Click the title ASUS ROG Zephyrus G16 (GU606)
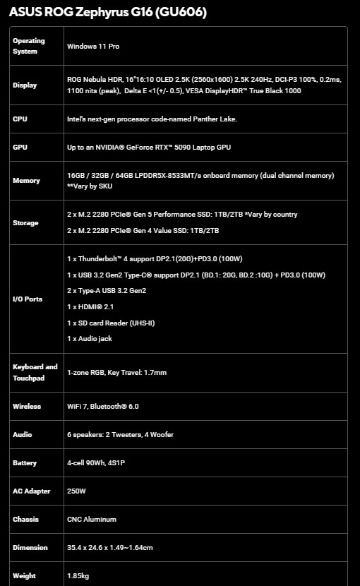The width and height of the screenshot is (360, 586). tap(108, 13)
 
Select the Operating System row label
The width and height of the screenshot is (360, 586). tap(29, 46)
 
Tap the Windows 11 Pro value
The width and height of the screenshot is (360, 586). tap(96, 46)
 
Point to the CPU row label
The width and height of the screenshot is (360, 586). tap(20, 119)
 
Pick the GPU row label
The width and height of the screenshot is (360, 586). tap(20, 147)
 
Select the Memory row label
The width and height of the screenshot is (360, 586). tap(26, 181)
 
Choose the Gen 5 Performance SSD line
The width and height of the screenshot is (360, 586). tap(182, 215)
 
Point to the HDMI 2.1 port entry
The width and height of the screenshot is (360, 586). tap(90, 306)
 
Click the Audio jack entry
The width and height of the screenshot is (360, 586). tap(90, 338)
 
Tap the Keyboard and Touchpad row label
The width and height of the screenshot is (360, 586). tap(35, 372)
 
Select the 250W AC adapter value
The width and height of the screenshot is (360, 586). tap(76, 491)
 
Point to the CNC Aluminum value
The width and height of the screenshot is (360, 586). tap(92, 519)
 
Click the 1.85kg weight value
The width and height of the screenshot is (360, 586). tap(78, 575)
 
